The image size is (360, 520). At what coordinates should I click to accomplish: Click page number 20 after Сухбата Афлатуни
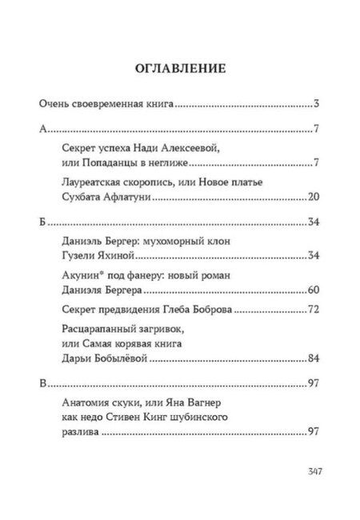314,196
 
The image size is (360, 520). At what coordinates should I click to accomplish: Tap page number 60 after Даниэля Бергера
314,288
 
